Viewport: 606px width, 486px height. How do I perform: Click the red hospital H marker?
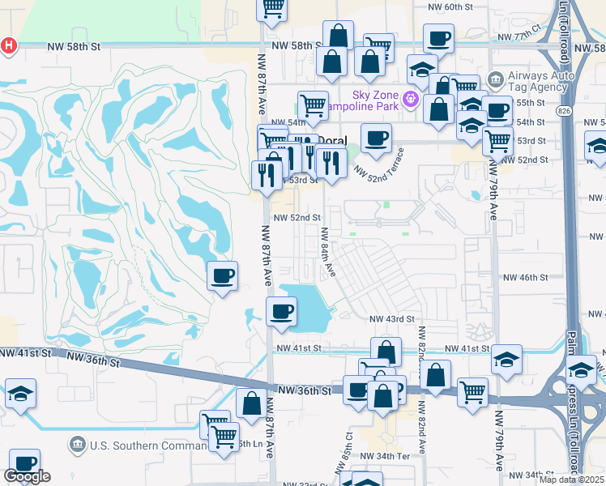8,46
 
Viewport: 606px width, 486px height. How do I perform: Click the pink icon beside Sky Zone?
411,99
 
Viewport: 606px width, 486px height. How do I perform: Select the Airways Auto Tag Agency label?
541,84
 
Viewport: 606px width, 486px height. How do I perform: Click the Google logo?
27,476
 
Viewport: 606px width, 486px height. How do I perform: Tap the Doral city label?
331,141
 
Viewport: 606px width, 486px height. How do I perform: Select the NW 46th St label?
526,277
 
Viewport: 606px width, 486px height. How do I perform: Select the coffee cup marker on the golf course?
222,276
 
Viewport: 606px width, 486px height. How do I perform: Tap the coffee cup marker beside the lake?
281,311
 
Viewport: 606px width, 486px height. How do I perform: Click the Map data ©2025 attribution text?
572,480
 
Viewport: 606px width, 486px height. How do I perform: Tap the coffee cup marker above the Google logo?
24,462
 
